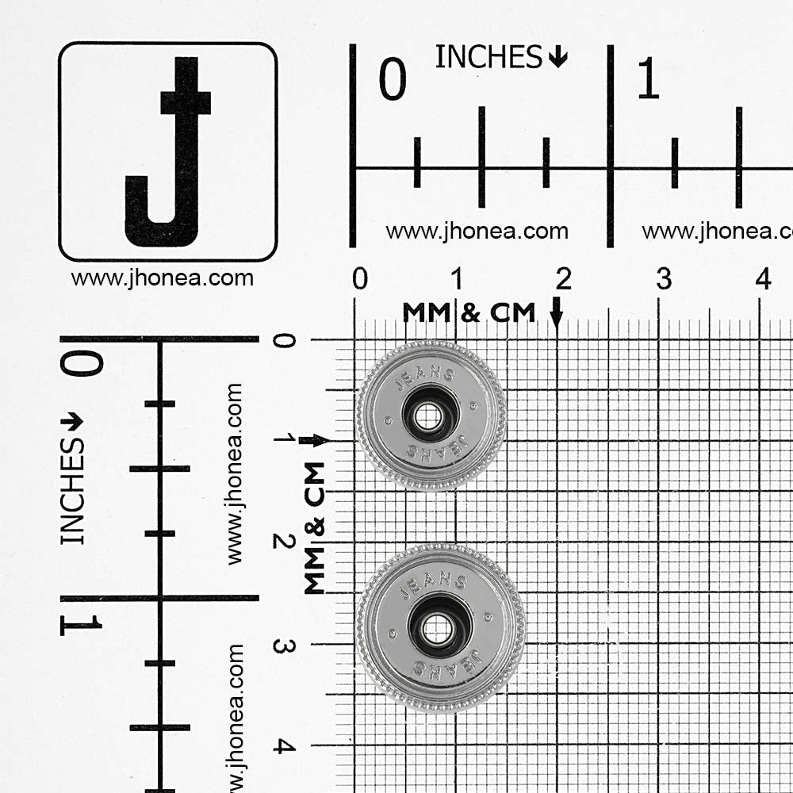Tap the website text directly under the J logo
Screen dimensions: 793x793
[162, 278]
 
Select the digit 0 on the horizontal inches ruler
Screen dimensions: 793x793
[393, 79]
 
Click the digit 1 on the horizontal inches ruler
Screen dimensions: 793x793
[649, 79]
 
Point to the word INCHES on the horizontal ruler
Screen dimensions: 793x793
[488, 56]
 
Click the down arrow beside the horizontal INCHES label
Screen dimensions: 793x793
[557, 56]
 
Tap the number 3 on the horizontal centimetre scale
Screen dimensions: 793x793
[664, 278]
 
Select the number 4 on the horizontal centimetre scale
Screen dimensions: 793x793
[764, 278]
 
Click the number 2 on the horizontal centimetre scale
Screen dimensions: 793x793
[563, 278]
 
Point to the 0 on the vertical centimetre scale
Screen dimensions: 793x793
[284, 341]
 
